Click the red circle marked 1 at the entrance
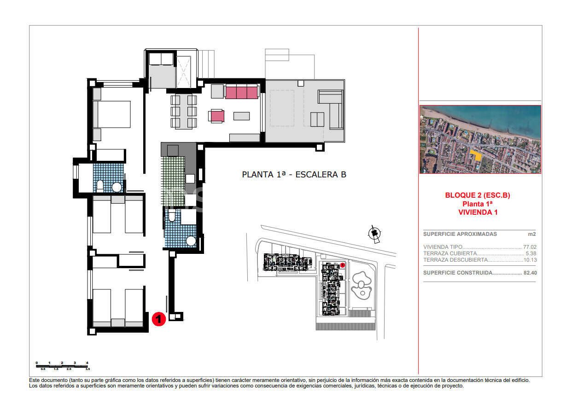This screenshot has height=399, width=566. coord(158,319)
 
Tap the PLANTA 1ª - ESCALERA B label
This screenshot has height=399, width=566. coord(294,175)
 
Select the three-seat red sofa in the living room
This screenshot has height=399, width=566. coord(241,92)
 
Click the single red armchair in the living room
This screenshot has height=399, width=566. coord(217,116)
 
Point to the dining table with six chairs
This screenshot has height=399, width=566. coord(184,111)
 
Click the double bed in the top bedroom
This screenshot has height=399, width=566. coord(112,114)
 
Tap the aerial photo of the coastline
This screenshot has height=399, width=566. coord(480,139)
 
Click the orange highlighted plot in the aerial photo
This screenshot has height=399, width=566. coord(476,155)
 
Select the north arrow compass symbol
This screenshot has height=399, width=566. coord(374,235)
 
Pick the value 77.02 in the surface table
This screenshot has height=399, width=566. coord(530,247)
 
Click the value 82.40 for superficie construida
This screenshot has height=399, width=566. coord(530,273)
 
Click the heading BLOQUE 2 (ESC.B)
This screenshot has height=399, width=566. coord(477,195)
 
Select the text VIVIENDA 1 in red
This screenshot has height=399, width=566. coord(477,212)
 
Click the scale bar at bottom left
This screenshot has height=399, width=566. coord(62,366)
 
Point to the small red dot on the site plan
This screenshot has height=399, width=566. coord(343,265)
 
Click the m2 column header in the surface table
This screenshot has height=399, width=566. coord(532,234)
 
